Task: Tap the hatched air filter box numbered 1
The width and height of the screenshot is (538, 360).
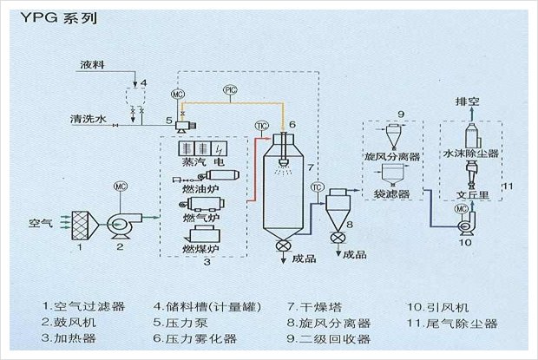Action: point(82,224)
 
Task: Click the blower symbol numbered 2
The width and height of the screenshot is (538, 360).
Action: point(121,222)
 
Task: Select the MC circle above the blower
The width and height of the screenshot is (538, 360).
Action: point(121,186)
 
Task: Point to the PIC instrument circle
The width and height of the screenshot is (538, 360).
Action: point(230,90)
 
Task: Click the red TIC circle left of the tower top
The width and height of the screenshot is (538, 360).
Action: point(259,126)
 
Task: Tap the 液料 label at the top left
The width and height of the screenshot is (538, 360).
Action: point(93,65)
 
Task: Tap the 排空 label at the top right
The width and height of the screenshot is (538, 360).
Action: point(469,101)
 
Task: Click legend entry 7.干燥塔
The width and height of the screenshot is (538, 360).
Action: point(317,306)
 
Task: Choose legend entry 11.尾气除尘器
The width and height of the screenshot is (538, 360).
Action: point(453,324)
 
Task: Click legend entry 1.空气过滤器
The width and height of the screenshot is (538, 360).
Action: point(83,306)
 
